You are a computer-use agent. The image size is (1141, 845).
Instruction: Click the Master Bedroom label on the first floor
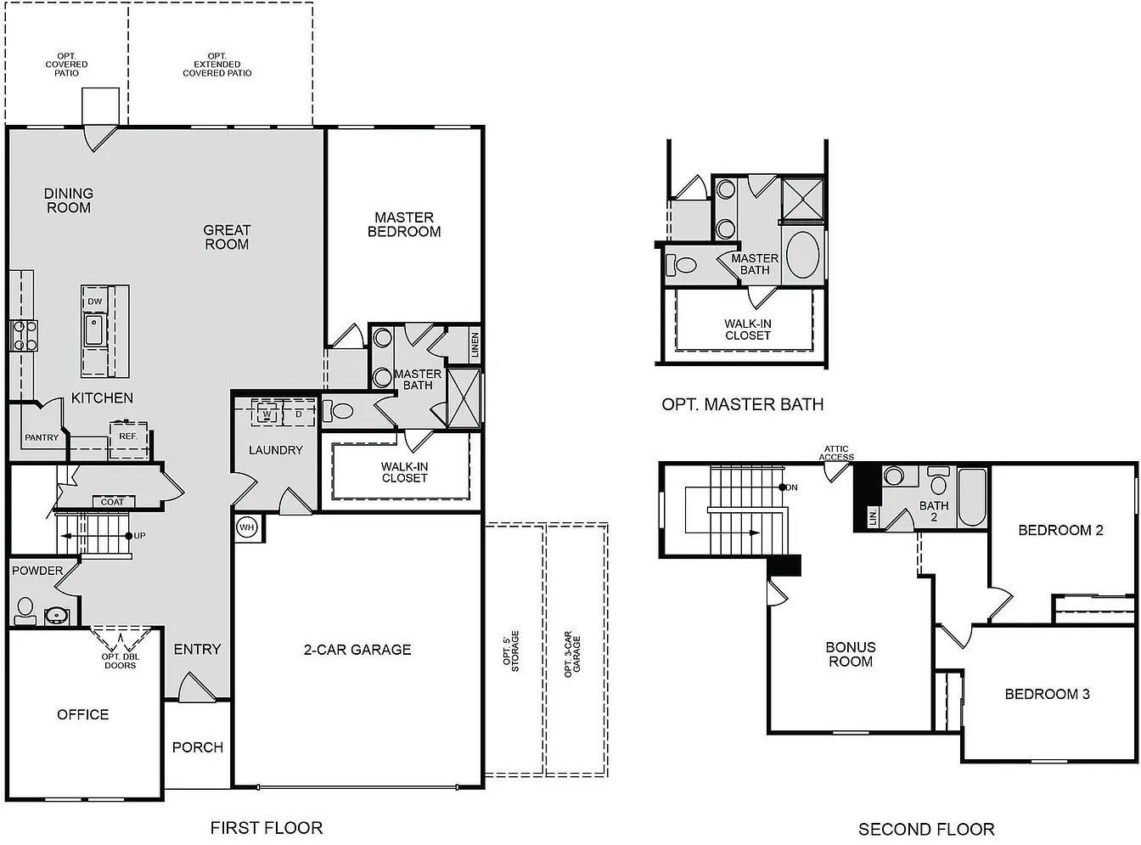[404, 224]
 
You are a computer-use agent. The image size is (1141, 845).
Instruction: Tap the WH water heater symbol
[246, 527]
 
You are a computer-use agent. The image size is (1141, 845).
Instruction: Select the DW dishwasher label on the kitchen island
[94, 301]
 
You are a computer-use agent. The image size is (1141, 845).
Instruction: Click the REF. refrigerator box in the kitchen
[128, 437]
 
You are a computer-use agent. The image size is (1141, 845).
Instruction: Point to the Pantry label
[42, 438]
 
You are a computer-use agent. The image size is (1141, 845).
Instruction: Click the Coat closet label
[112, 502]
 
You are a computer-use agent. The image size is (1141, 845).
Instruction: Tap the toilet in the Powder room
[25, 608]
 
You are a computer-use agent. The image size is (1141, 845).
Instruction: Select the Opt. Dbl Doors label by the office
[121, 661]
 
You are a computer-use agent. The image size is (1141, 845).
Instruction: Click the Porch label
[198, 747]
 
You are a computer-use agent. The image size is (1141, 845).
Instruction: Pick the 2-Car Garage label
[357, 650]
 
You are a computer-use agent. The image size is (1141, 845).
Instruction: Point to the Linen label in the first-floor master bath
[475, 344]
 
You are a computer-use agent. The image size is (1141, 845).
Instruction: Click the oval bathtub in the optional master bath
[802, 254]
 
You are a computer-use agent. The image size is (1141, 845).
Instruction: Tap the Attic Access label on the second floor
[836, 453]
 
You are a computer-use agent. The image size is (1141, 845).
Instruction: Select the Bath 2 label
[934, 511]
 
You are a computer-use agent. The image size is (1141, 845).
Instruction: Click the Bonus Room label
[850, 654]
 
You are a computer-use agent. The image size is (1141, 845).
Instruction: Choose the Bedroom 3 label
[1047, 694]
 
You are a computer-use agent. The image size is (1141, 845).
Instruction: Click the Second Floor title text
[926, 829]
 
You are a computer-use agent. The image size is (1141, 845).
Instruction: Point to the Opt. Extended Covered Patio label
[217, 65]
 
